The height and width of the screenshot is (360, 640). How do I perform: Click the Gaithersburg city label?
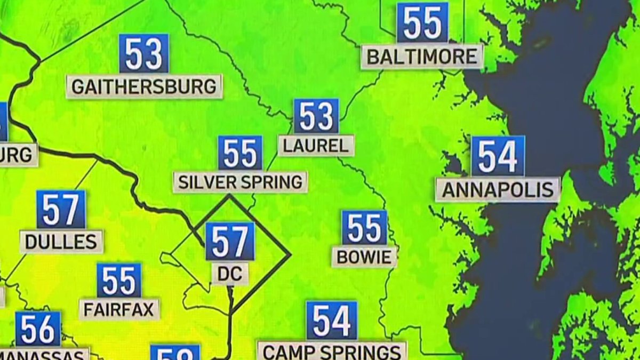point(144,86)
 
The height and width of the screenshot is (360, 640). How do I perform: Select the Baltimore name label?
point(422,57)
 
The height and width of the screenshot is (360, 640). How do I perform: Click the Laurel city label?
point(316,145)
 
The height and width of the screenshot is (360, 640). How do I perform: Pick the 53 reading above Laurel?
point(316,116)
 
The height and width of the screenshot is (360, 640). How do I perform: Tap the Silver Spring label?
point(240,182)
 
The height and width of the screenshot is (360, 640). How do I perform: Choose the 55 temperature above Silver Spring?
point(240,153)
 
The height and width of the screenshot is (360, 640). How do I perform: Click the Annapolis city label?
point(498,189)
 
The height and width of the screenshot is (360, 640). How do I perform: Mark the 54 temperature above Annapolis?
point(498,156)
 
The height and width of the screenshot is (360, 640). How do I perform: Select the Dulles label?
point(61,242)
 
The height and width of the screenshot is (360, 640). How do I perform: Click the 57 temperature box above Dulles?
point(61,209)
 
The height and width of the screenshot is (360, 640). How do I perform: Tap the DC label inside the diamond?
point(230,274)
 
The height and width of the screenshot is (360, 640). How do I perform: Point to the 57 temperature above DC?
point(230,242)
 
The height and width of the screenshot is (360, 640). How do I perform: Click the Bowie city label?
point(364,257)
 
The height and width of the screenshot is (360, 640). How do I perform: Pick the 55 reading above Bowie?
point(364,228)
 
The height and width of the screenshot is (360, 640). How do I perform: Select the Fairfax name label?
point(119,309)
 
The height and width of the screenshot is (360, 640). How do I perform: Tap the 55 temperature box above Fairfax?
point(119,280)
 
